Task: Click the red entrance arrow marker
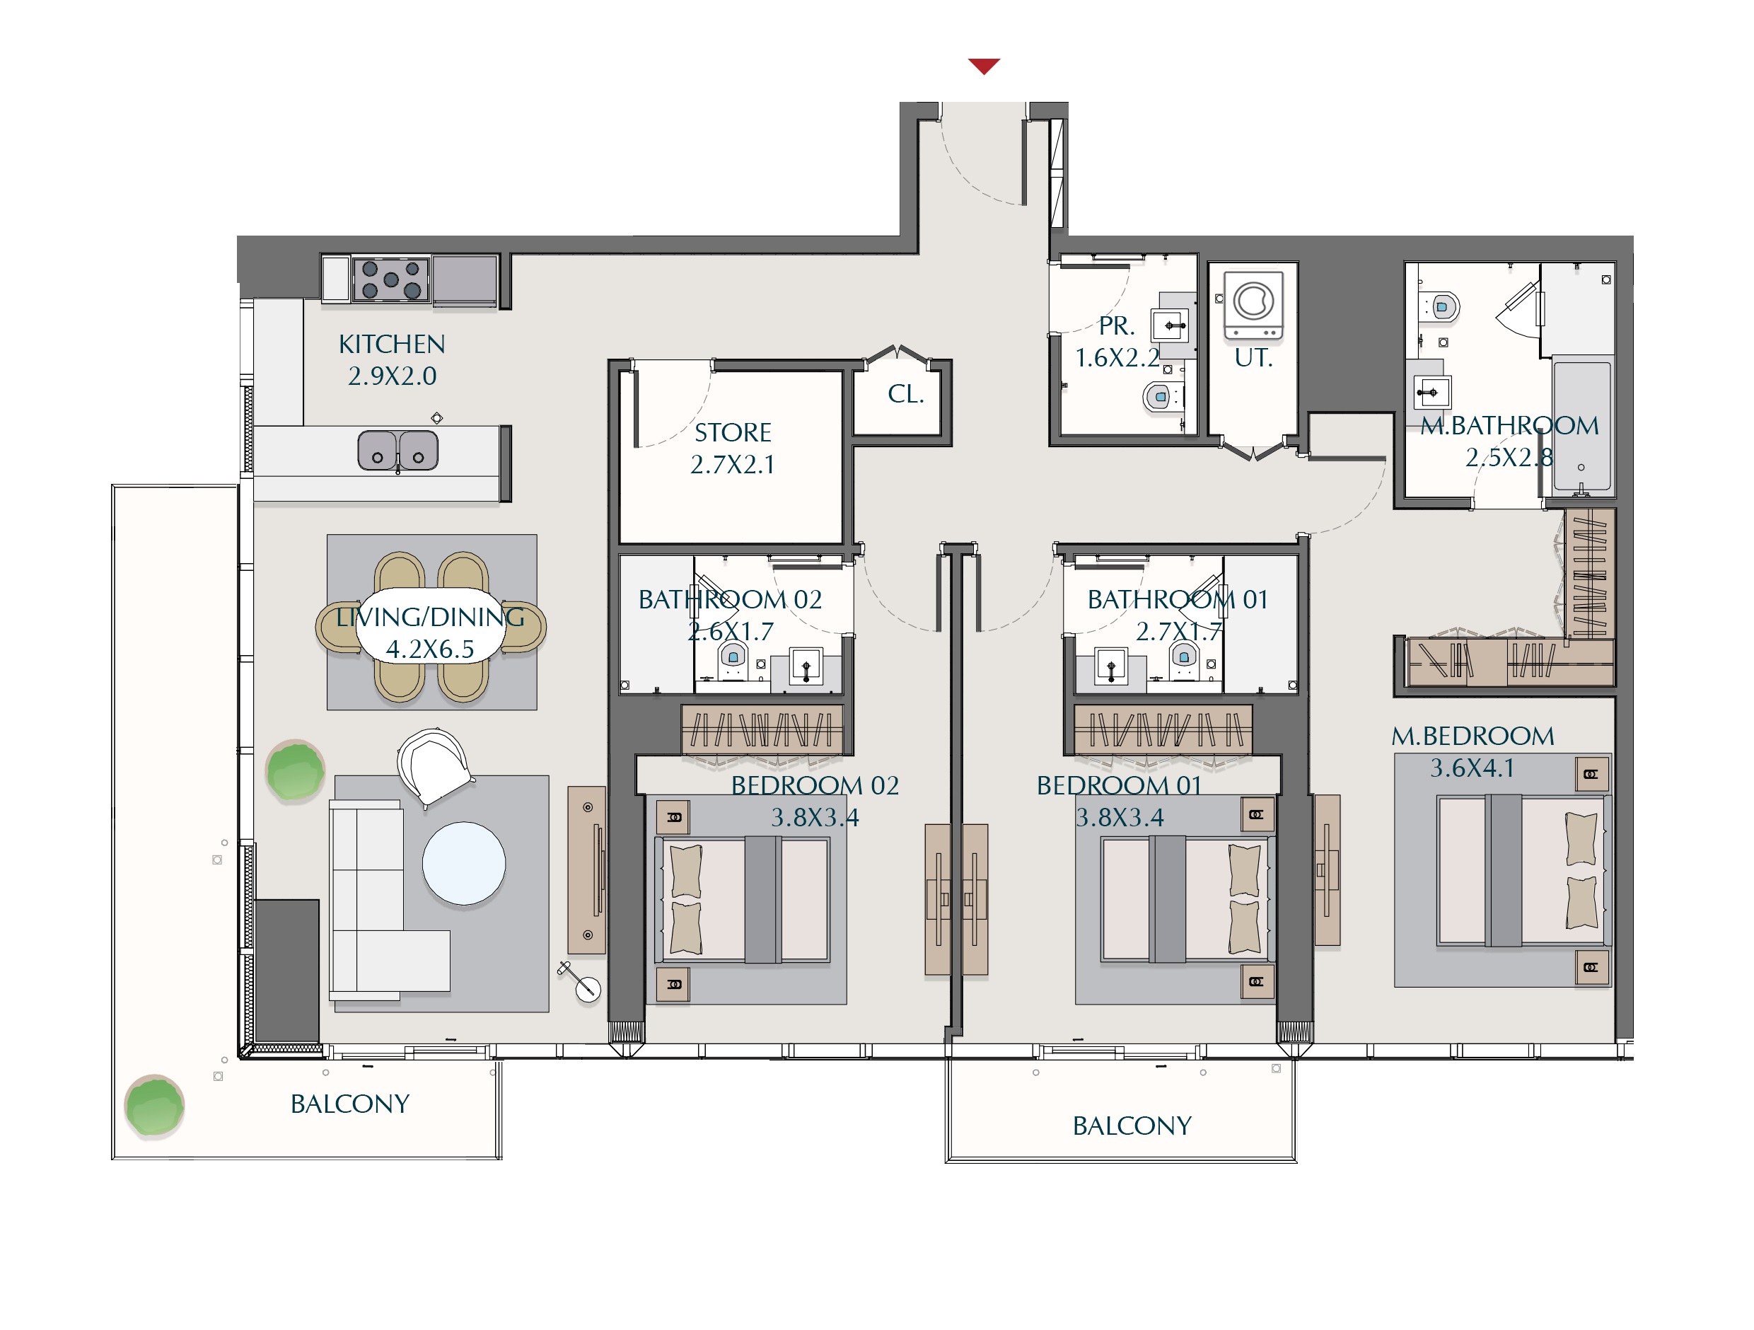pyautogui.click(x=984, y=66)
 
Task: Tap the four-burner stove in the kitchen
pyautogui.click(x=391, y=279)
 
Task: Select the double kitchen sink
pyautogui.click(x=397, y=451)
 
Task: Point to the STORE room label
pyautogui.click(x=733, y=432)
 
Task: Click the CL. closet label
pyautogui.click(x=905, y=394)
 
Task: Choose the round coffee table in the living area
pyautogui.click(x=464, y=864)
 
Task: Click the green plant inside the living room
pyautogui.click(x=296, y=771)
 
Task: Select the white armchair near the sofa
pyautogui.click(x=433, y=765)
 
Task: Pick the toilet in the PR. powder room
pyautogui.click(x=1160, y=395)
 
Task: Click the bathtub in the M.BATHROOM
pyautogui.click(x=1582, y=426)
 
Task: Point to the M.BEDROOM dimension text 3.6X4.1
pyautogui.click(x=1473, y=768)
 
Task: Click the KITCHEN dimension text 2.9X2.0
pyautogui.click(x=393, y=376)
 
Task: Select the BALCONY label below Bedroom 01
pyautogui.click(x=1132, y=1126)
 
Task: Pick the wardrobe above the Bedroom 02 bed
pyautogui.click(x=762, y=729)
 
